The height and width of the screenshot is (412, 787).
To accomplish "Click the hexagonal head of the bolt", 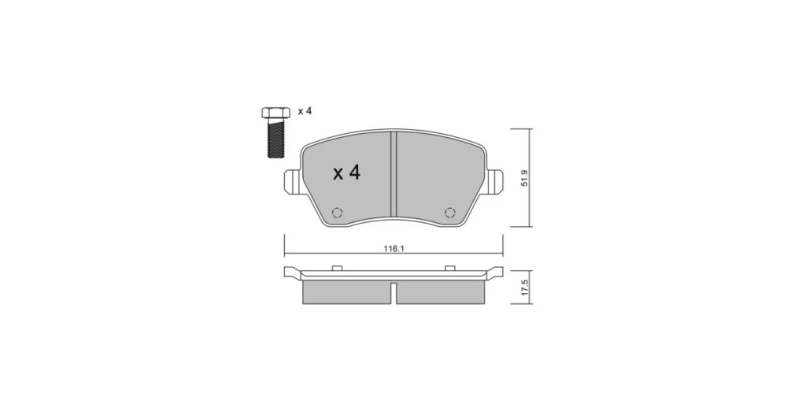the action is [275, 112].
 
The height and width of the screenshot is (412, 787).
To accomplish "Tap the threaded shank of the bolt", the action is [275, 138].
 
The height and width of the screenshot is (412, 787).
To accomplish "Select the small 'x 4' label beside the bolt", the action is [305, 111].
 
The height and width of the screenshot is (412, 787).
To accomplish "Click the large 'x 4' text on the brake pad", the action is [347, 173].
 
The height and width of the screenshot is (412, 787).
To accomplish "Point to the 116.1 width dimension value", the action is [394, 249].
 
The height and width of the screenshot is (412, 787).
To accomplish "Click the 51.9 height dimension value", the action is [524, 178].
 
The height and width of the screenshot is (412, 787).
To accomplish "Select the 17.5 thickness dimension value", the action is [525, 288].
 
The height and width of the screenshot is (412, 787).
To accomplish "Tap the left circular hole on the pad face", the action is [338, 213].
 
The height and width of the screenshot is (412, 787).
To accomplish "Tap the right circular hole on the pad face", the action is [450, 213].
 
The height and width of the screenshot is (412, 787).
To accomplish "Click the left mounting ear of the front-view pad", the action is [293, 181].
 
